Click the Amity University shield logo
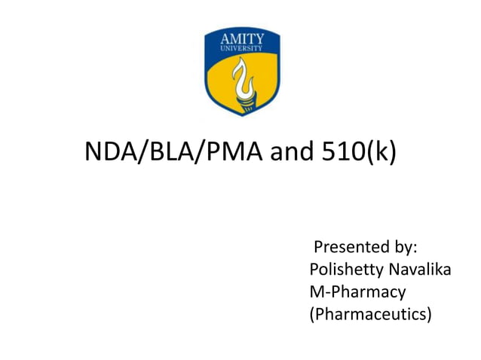click(242, 72)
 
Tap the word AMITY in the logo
click(241, 39)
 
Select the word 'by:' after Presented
click(408, 247)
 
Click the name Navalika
click(421, 269)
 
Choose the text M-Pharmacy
click(357, 291)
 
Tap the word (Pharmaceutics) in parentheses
click(371, 313)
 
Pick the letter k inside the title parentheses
click(382, 153)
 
